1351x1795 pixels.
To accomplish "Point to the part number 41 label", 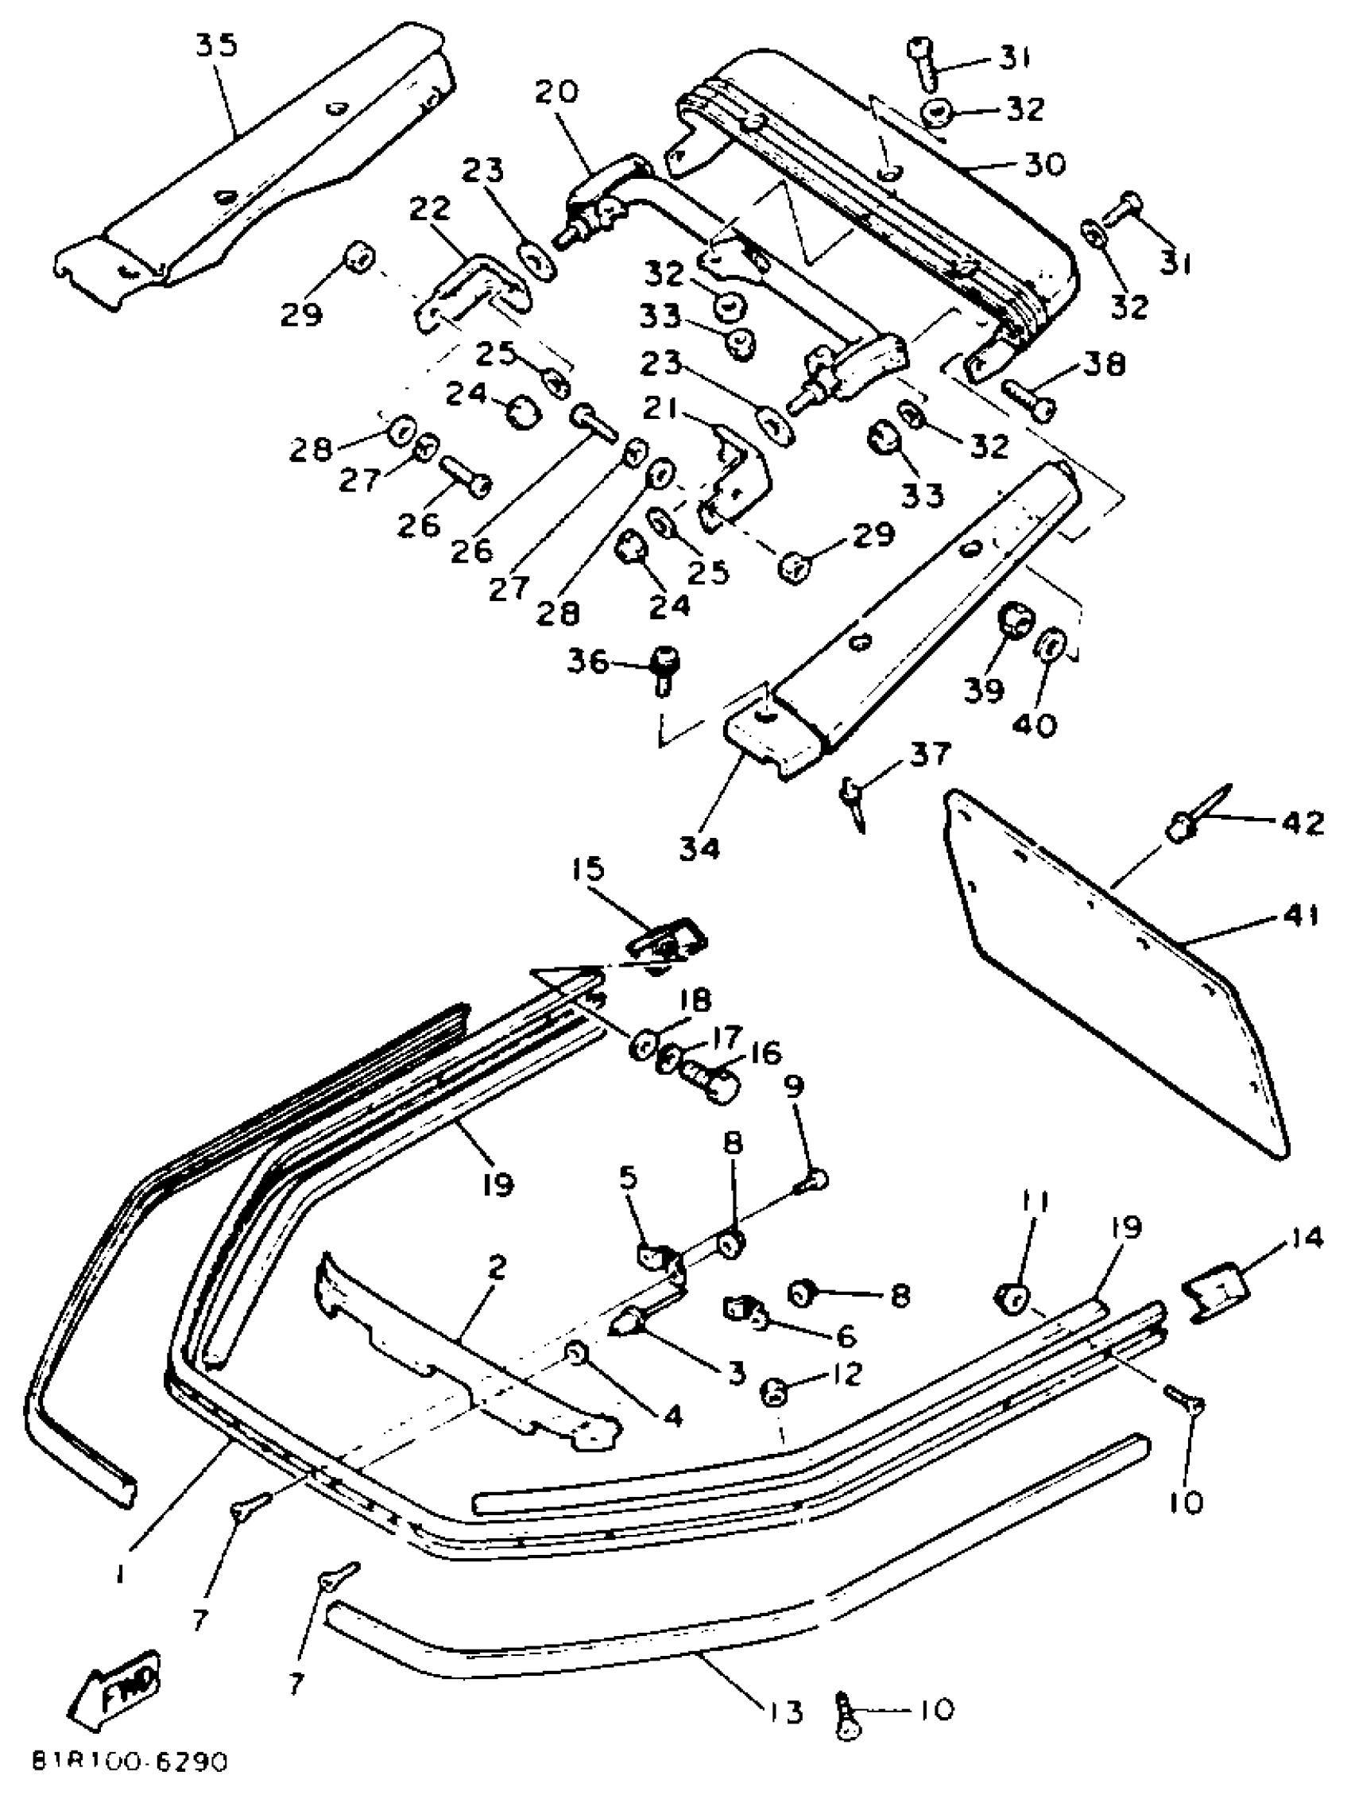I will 1299,916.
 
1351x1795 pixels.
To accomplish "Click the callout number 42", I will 1302,822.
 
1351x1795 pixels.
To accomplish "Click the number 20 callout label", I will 556,91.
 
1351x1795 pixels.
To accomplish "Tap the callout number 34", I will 699,848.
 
